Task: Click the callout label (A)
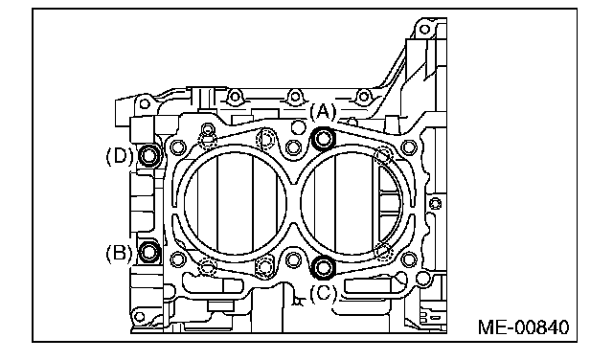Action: coord(323,113)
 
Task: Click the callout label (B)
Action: coord(119,254)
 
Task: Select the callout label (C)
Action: coord(323,293)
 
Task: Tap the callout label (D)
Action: coord(119,156)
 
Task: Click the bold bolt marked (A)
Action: coord(324,139)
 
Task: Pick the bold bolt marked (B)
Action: coord(149,252)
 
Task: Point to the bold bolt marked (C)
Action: coord(324,267)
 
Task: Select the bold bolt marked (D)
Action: coord(149,155)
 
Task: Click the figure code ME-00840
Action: coord(524,327)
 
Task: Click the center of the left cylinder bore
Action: coord(236,203)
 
